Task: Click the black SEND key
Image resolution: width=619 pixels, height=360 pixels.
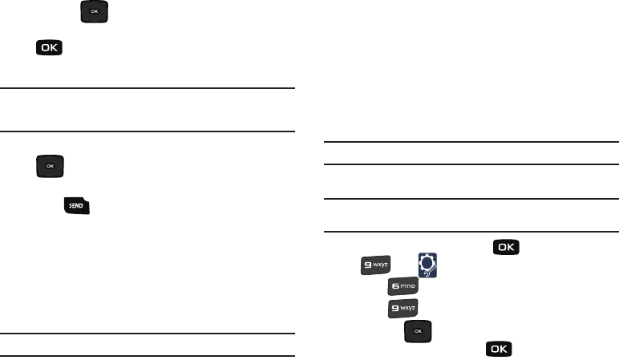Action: click(77, 206)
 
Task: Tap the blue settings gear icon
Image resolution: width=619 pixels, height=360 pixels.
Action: click(429, 263)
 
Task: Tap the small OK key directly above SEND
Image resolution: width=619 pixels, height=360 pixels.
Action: click(50, 166)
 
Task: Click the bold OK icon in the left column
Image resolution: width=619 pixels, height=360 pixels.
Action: click(50, 50)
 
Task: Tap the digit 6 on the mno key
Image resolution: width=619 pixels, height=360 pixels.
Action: click(394, 285)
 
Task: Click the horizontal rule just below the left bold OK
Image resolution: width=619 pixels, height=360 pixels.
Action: click(148, 88)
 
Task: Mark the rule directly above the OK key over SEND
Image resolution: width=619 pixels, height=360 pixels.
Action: click(148, 131)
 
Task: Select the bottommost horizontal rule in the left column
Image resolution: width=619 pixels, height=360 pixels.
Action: click(148, 355)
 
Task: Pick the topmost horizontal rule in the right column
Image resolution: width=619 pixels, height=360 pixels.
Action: click(471, 143)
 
